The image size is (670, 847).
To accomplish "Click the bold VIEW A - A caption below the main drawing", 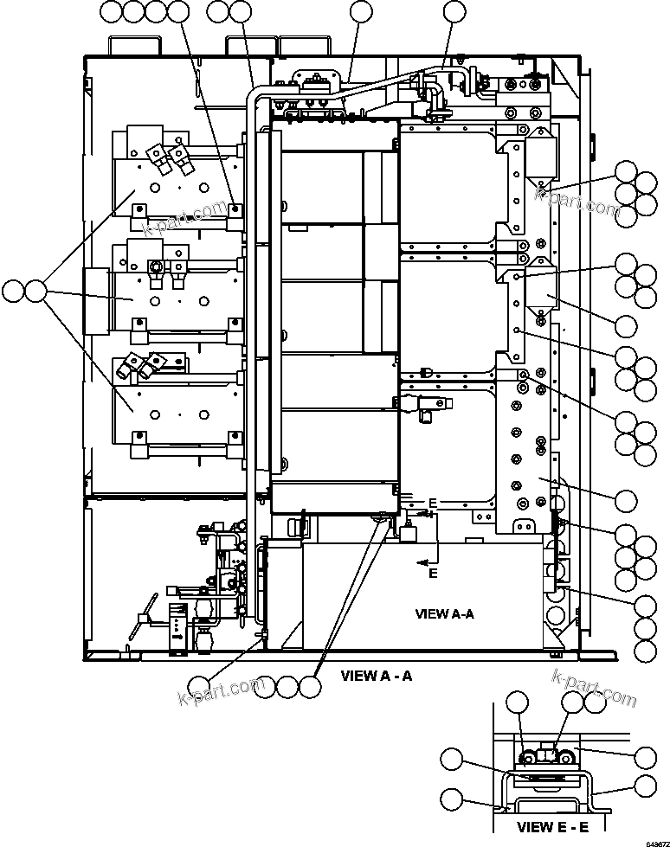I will tap(376, 676).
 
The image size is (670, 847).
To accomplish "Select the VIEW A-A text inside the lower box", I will tap(444, 614).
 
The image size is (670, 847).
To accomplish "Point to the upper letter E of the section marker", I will tap(433, 504).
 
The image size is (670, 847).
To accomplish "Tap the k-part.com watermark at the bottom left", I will tap(221, 691).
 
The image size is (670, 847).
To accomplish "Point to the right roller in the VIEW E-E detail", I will tap(567, 759).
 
